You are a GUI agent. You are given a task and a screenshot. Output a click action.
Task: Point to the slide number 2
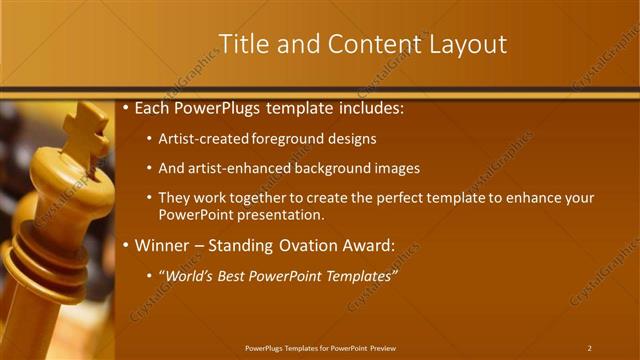(589, 348)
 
